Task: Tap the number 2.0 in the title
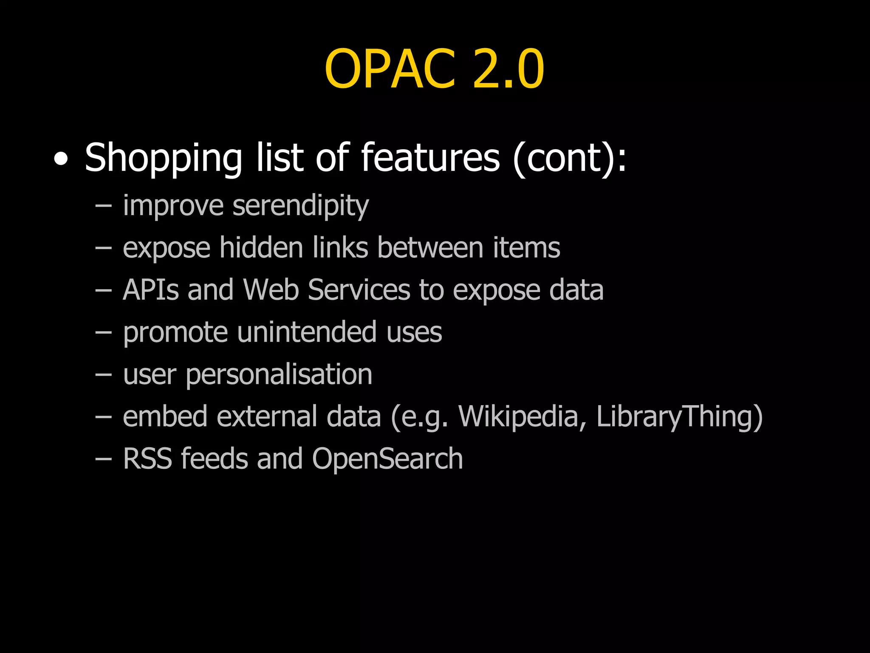[x=508, y=69]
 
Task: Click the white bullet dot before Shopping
[x=61, y=160]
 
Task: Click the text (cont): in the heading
[x=569, y=158]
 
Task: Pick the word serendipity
[x=301, y=206]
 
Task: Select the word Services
[x=359, y=290]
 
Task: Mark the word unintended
[x=307, y=332]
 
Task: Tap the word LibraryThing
[x=678, y=417]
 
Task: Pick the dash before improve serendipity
[x=104, y=206]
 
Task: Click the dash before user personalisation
[x=104, y=375]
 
